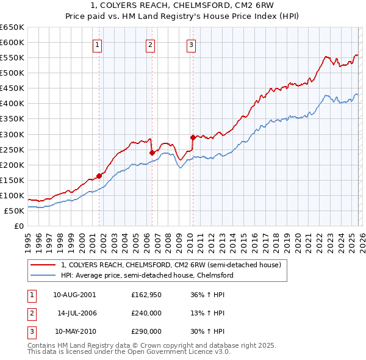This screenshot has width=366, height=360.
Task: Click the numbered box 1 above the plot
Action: pyautogui.click(x=98, y=44)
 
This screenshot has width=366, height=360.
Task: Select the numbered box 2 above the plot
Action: pyautogui.click(x=150, y=44)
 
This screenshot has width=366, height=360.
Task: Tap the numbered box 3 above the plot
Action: pyautogui.click(x=191, y=44)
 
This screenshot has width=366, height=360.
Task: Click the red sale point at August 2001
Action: pyautogui.click(x=99, y=176)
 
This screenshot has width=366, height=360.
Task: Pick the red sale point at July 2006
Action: pyautogui.click(x=151, y=152)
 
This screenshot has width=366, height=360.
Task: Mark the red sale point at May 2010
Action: pyautogui.click(x=193, y=137)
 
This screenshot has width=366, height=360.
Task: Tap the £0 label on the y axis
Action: pyautogui.click(x=18, y=226)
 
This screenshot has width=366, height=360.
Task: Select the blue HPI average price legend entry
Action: pyautogui.click(x=147, y=276)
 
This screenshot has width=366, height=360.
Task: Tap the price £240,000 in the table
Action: pyautogui.click(x=146, y=313)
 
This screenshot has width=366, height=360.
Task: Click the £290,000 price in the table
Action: pyautogui.click(x=146, y=331)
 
